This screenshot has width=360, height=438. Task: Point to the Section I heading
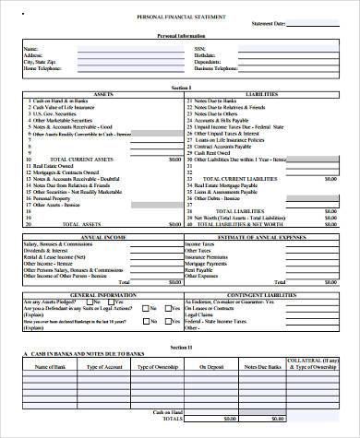(x=182, y=86)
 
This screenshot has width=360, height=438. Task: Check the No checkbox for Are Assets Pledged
(x=91, y=300)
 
